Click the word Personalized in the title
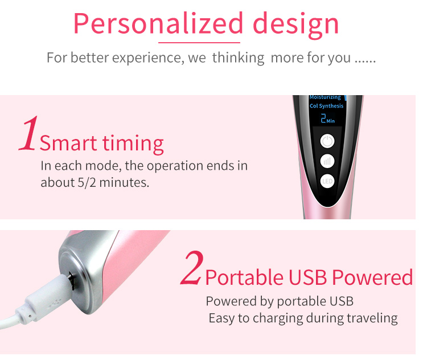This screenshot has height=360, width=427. pos(158,23)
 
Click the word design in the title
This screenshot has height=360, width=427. pos(295,23)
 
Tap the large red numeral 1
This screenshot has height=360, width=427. pos(28,134)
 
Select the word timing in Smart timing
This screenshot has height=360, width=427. pos(133,143)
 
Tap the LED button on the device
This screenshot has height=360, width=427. pos(327,182)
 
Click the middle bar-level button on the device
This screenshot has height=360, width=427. pos(327,161)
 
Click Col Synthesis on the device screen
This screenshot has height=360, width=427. pos(326,106)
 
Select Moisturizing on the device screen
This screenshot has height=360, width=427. pos(325,97)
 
